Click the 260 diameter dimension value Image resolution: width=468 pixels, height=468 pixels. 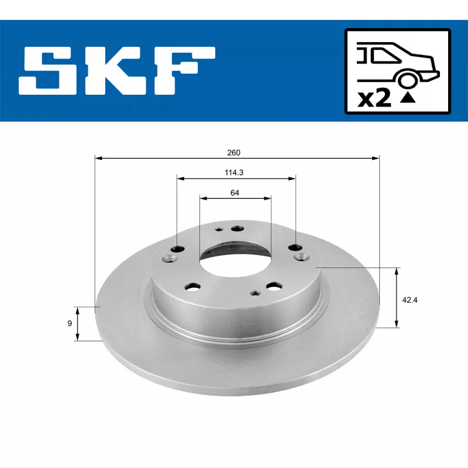coord(233,153)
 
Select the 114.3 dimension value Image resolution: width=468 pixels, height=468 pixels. coord(234,173)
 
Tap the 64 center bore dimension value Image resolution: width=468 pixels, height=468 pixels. coord(235,193)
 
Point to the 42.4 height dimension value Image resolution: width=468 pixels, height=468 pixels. coord(410,300)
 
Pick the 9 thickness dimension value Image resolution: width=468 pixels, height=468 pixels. coord(70,324)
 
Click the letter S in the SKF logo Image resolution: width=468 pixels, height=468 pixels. coord(43,71)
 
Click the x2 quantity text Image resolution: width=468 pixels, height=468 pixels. coord(374,98)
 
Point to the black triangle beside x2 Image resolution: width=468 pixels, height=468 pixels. coord(408,98)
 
